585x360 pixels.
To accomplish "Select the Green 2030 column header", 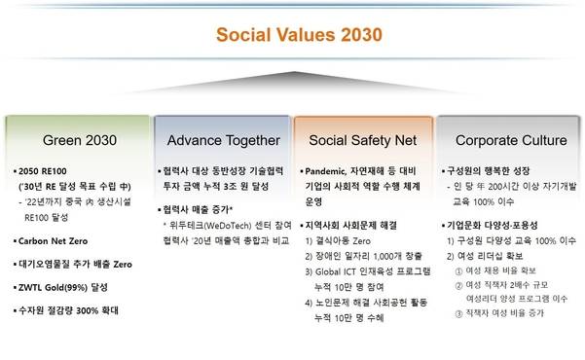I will (74, 140).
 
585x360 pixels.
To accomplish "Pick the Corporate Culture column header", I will (510, 140).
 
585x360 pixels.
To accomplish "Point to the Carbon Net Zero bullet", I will (53, 239).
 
